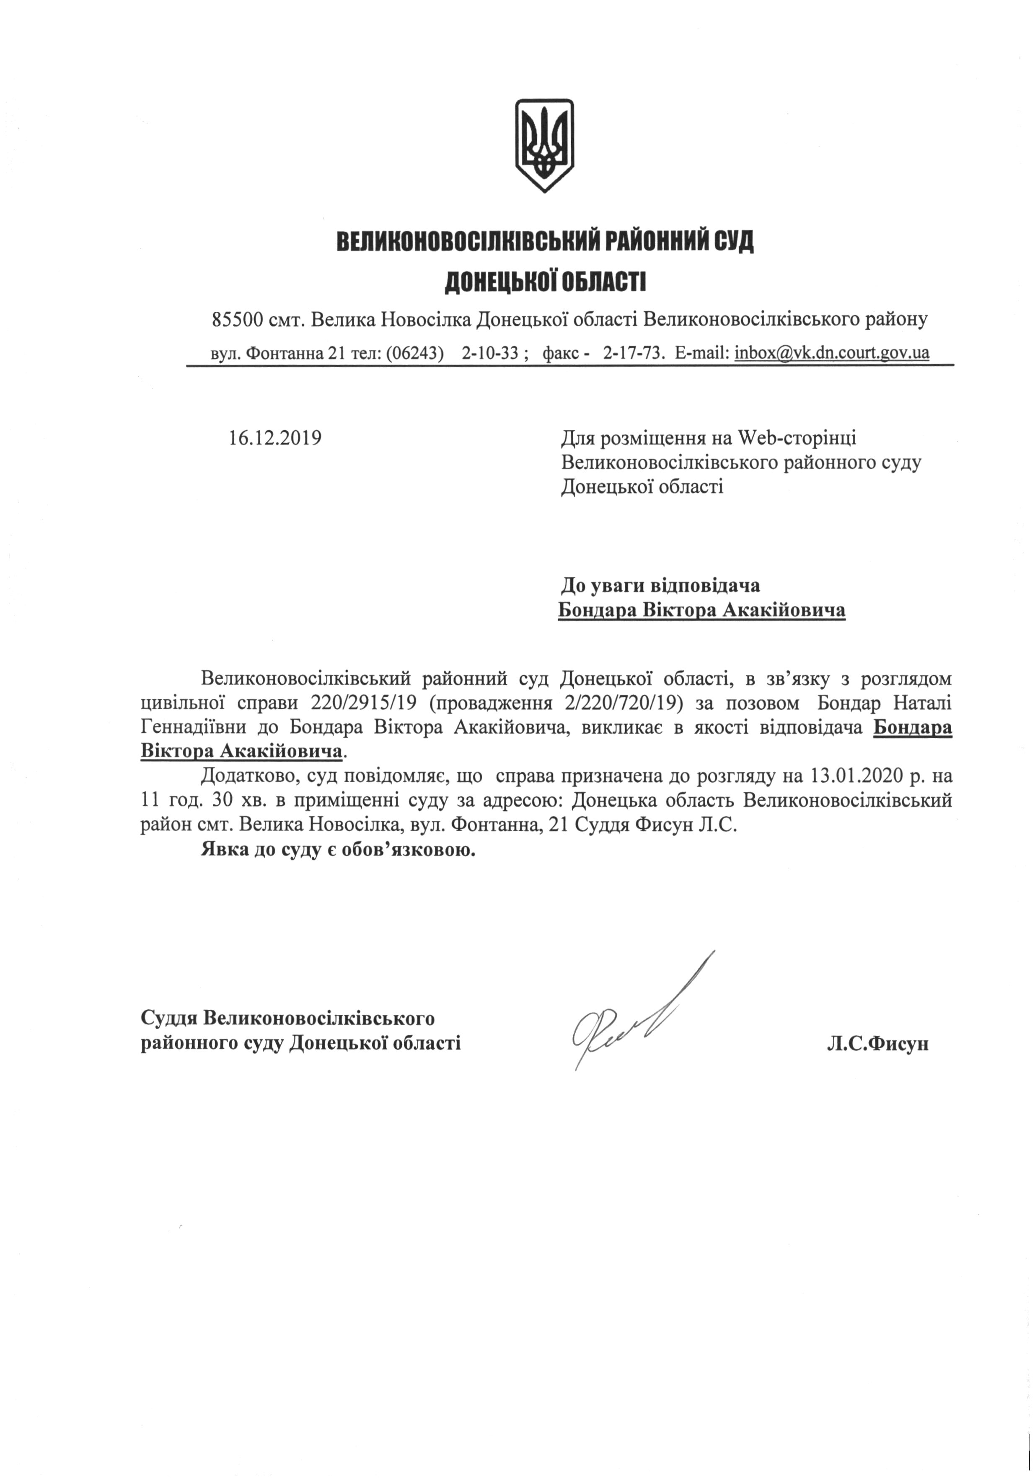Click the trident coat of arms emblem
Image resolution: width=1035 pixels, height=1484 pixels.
[543, 145]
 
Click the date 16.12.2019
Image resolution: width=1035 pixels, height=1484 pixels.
[275, 438]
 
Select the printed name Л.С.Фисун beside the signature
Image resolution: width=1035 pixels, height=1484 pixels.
[877, 1043]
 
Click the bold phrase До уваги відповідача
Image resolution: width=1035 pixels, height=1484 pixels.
[660, 586]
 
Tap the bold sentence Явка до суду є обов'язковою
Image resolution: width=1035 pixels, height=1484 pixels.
[338, 849]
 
